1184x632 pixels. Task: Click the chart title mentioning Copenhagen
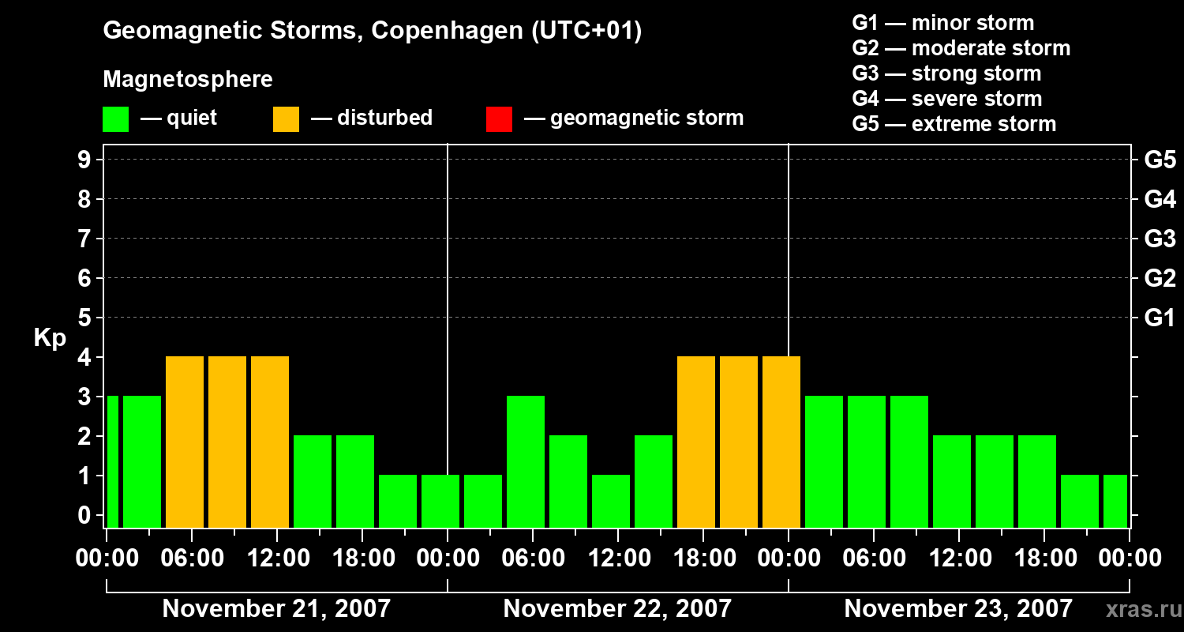pyautogui.click(x=372, y=31)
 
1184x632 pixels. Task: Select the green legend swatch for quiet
pyautogui.click(x=115, y=118)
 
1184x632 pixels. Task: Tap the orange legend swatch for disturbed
pyautogui.click(x=286, y=118)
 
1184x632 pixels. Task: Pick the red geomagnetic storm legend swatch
pyautogui.click(x=499, y=118)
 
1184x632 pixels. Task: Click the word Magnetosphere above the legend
pyautogui.click(x=188, y=80)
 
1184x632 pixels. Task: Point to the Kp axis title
pyautogui.click(x=50, y=338)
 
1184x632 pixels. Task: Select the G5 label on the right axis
pyautogui.click(x=1160, y=160)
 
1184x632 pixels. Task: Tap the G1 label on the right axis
pyautogui.click(x=1160, y=318)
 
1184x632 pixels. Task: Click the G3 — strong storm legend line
pyautogui.click(x=946, y=73)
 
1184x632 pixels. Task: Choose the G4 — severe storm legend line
pyautogui.click(x=946, y=99)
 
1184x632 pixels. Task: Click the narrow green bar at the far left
pyautogui.click(x=112, y=461)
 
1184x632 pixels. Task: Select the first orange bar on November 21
pyautogui.click(x=185, y=442)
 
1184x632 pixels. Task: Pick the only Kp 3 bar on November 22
pyautogui.click(x=526, y=461)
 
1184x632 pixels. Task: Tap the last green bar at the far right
pyautogui.click(x=1115, y=501)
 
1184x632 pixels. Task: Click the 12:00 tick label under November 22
pyautogui.click(x=618, y=559)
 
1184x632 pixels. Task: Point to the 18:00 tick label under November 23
pyautogui.click(x=1044, y=559)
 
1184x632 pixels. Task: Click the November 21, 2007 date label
pyautogui.click(x=276, y=609)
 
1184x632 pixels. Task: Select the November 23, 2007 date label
pyautogui.click(x=958, y=609)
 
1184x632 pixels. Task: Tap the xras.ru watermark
pyautogui.click(x=1137, y=609)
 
